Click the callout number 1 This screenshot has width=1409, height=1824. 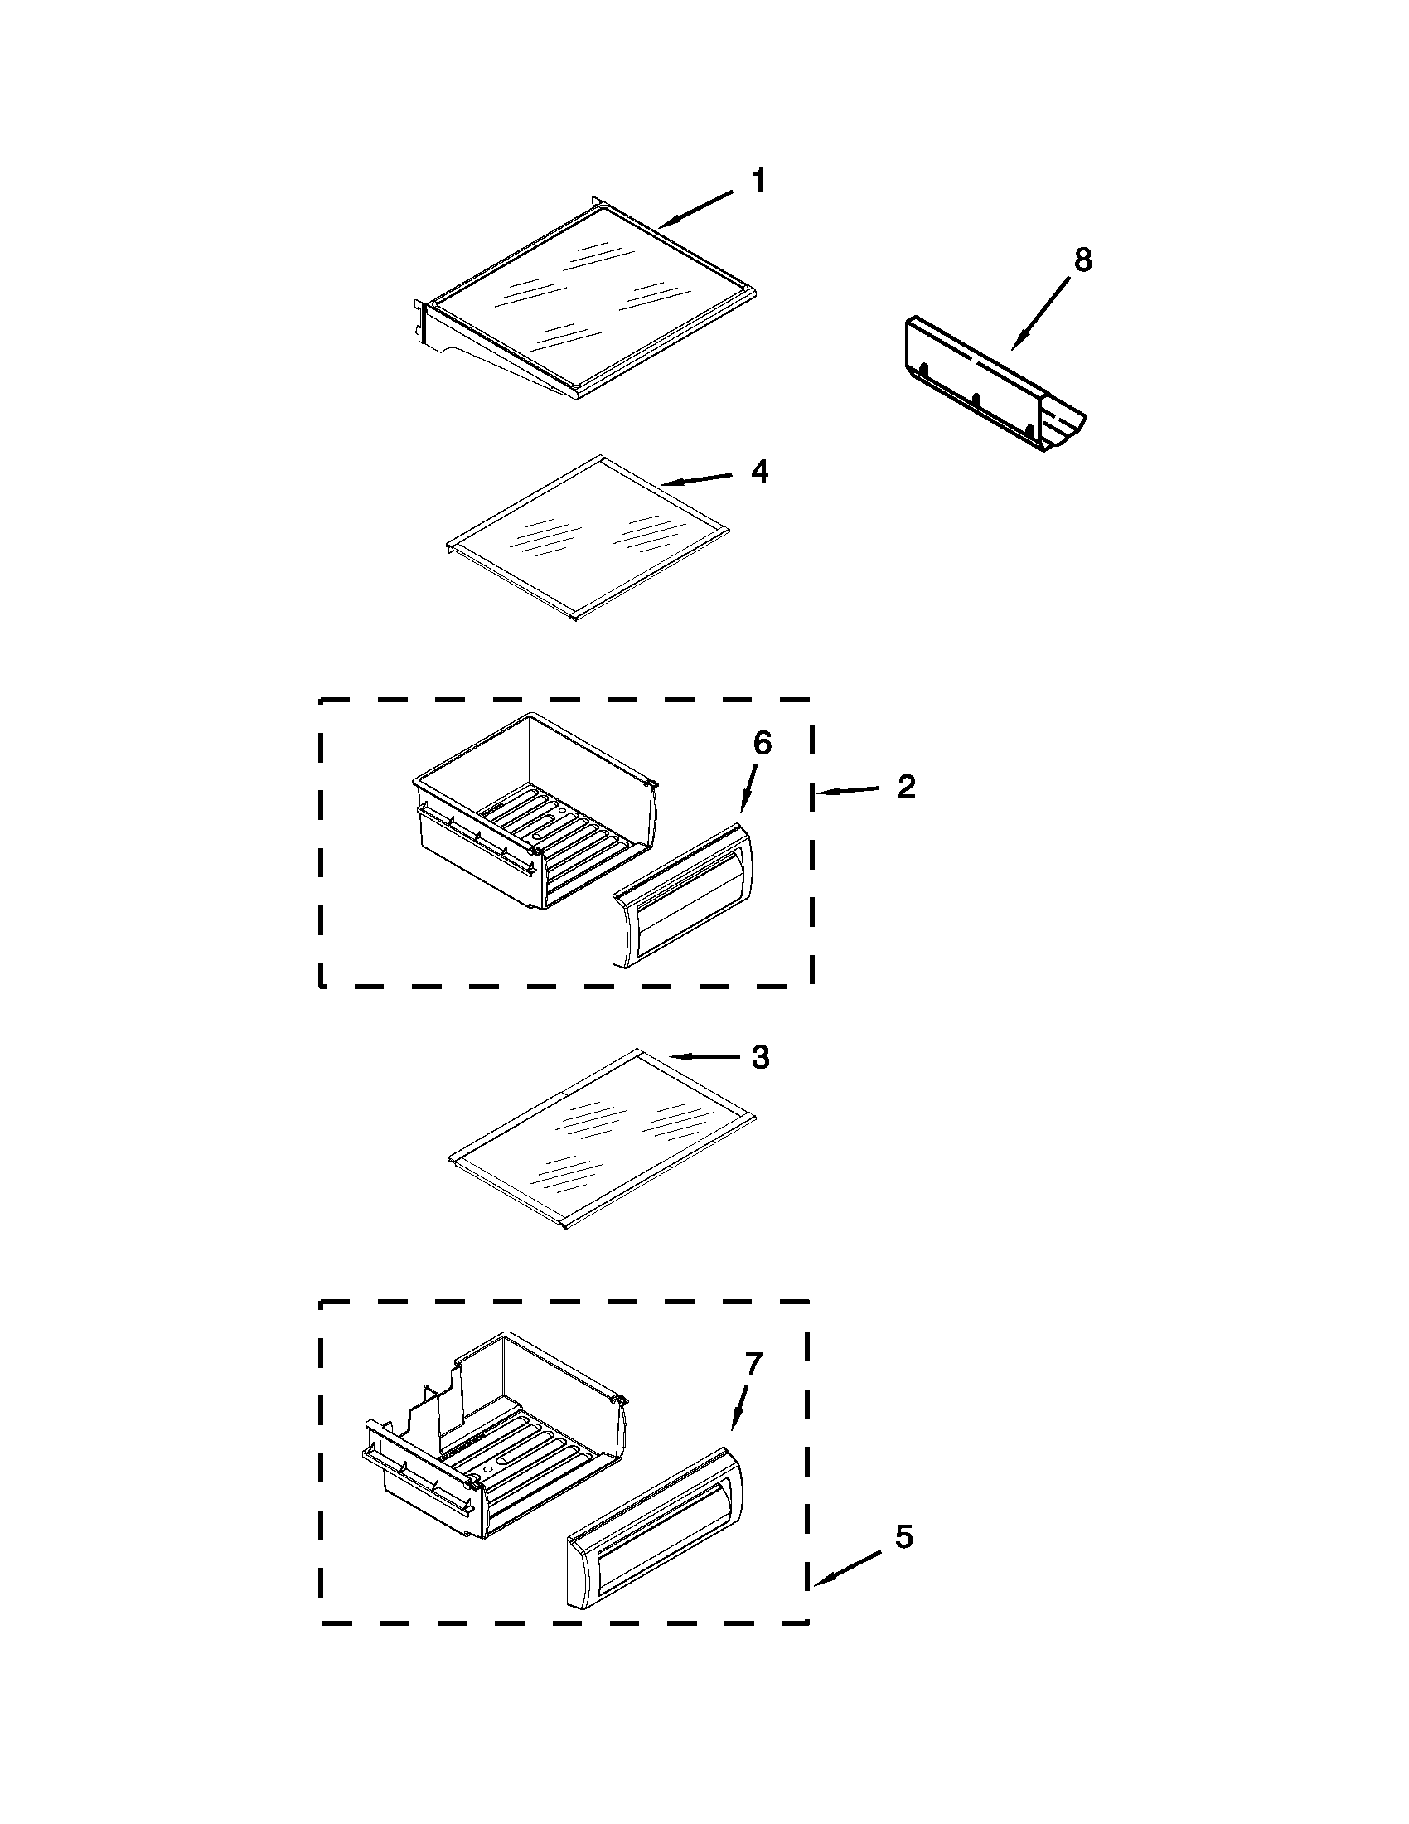click(758, 182)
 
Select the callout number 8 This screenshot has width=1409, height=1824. click(1082, 260)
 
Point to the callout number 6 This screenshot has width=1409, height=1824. click(762, 743)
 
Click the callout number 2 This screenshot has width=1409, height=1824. click(907, 787)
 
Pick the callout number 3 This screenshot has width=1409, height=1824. click(759, 1057)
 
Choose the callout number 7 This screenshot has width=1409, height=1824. click(753, 1364)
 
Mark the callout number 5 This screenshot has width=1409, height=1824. click(904, 1536)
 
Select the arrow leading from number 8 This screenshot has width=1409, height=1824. click(1040, 313)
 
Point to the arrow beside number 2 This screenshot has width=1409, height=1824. click(847, 791)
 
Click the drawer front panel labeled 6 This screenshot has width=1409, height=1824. click(683, 895)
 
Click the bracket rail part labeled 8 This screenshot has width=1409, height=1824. click(993, 382)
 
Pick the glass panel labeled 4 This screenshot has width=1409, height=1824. click(588, 537)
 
